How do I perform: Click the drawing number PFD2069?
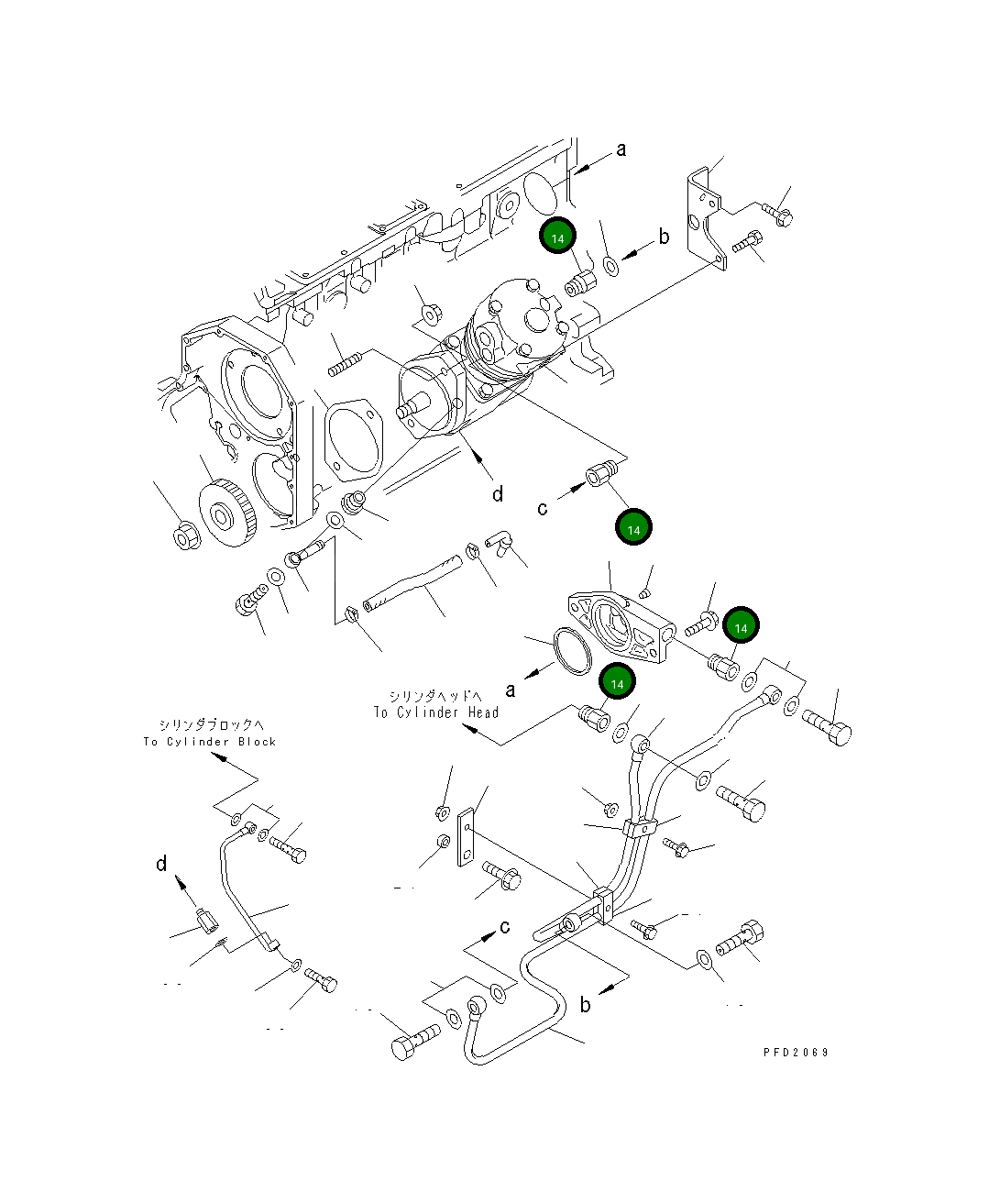pyautogui.click(x=795, y=1052)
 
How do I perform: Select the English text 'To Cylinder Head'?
pyautogui.click(x=435, y=712)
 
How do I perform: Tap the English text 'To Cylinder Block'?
pyautogui.click(x=209, y=742)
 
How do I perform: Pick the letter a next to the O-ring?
pyautogui.click(x=511, y=690)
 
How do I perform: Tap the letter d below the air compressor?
pyautogui.click(x=498, y=495)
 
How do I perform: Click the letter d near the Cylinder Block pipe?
pyautogui.click(x=161, y=864)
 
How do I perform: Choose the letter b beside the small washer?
pyautogui.click(x=664, y=237)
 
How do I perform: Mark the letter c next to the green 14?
pyautogui.click(x=543, y=508)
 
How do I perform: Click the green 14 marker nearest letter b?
pyautogui.click(x=557, y=237)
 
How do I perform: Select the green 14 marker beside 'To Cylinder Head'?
pyautogui.click(x=617, y=683)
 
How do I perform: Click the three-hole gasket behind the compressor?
pyautogui.click(x=352, y=438)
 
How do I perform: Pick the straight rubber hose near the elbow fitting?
pyautogui.click(x=410, y=588)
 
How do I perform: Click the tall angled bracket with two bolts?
pyautogui.click(x=706, y=220)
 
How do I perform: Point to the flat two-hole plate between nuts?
pyautogui.click(x=467, y=836)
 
